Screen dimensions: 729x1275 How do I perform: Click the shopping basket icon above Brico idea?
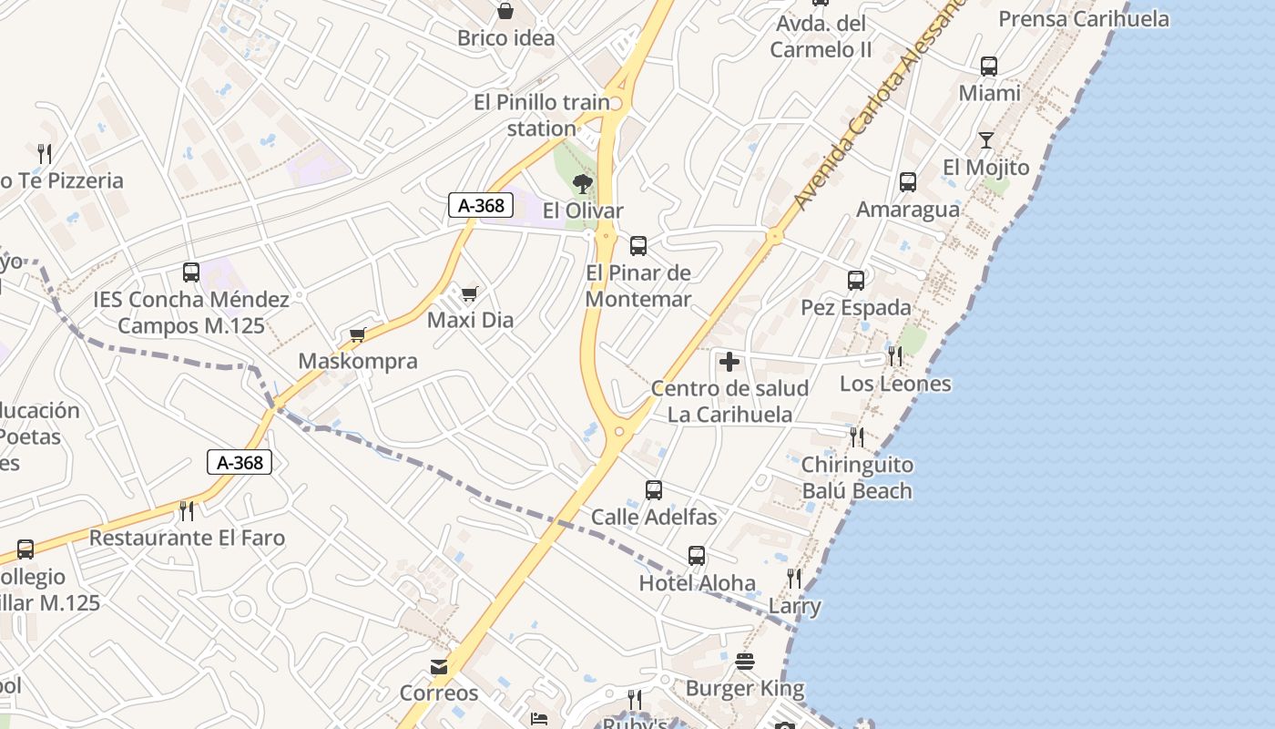click(505, 11)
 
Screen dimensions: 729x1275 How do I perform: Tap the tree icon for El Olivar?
click(583, 184)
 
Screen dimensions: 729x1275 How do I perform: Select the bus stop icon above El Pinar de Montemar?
click(638, 245)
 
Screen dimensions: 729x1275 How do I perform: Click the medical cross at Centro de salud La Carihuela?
click(729, 362)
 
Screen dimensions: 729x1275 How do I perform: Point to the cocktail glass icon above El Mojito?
click(985, 140)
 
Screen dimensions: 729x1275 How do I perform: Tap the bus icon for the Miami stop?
click(989, 67)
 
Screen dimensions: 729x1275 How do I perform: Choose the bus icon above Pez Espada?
click(856, 281)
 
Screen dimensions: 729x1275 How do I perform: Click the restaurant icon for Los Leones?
click(895, 356)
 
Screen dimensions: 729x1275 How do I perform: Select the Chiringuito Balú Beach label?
click(856, 477)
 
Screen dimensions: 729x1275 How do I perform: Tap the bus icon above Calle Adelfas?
click(654, 490)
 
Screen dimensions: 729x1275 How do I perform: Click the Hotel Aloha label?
click(697, 583)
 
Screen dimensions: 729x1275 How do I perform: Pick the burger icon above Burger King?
click(745, 662)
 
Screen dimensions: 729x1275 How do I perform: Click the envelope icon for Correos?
click(439, 667)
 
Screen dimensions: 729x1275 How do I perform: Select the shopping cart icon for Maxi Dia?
click(469, 293)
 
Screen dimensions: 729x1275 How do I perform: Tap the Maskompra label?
click(358, 361)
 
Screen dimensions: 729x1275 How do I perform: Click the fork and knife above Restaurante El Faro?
click(187, 510)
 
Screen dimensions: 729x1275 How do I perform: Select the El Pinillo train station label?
click(542, 116)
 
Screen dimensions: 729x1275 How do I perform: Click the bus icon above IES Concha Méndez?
click(191, 272)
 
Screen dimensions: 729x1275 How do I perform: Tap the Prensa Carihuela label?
click(1084, 19)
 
